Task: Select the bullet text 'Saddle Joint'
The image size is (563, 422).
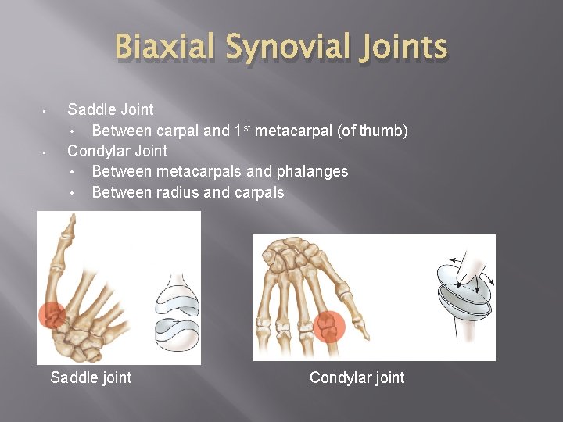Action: (110, 109)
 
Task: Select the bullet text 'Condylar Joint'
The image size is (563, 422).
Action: (117, 151)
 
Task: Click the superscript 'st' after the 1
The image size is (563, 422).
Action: (246, 127)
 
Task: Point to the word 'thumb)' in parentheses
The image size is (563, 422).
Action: (383, 131)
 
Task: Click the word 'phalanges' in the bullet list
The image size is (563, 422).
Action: (314, 171)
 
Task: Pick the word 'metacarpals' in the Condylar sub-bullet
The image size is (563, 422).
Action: (196, 171)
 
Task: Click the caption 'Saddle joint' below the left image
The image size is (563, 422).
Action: (91, 378)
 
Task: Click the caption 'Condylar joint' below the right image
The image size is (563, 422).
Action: (357, 378)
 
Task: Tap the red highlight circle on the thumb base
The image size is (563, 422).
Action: (52, 314)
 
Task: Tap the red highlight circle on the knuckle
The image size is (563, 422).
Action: (328, 324)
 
